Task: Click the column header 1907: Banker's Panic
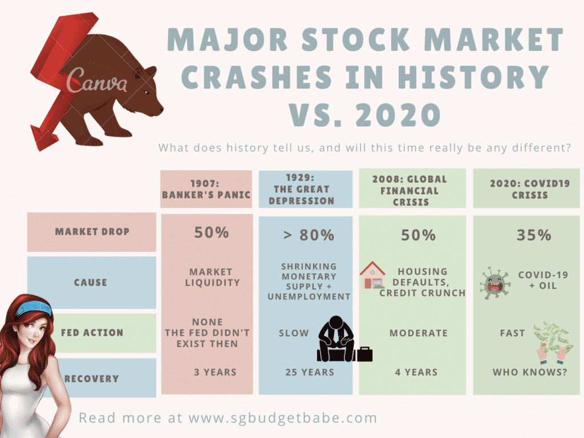206,189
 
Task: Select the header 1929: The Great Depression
301,189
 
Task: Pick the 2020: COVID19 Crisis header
530,189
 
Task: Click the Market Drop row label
92,232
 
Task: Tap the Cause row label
91,283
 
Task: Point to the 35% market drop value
534,235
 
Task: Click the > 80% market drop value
309,235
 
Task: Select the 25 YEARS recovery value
310,372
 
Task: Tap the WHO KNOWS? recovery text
530,372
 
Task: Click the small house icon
372,275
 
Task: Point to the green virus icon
494,283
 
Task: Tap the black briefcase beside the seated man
364,354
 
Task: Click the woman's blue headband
34,308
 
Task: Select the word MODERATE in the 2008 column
419,333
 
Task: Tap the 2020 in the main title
398,114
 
